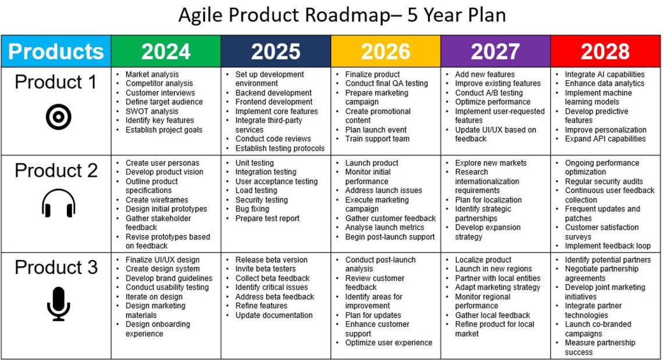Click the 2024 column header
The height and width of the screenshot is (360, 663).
pyautogui.click(x=166, y=51)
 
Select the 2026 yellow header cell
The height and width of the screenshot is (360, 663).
pyautogui.click(x=386, y=51)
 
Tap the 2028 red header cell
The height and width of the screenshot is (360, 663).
pyautogui.click(x=605, y=51)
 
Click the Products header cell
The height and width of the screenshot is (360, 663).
pyautogui.click(x=56, y=51)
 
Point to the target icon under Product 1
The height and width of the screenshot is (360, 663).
pyautogui.click(x=58, y=118)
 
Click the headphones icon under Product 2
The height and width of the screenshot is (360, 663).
pyautogui.click(x=58, y=205)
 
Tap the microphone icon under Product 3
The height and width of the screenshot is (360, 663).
pyautogui.click(x=58, y=304)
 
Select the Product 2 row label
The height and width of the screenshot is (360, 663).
pyautogui.click(x=56, y=170)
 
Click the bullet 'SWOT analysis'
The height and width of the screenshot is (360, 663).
pyautogui.click(x=152, y=111)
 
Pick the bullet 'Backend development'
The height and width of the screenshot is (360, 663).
pyautogui.click(x=273, y=93)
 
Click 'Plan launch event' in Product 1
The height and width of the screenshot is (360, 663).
pyautogui.click(x=376, y=130)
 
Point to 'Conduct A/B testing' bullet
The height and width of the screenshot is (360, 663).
pyautogui.click(x=489, y=93)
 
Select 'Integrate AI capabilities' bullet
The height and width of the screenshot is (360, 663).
pyautogui.click(x=604, y=74)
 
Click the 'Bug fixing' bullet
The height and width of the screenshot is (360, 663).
pyautogui.click(x=252, y=209)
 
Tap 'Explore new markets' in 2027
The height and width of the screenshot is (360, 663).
pyautogui.click(x=490, y=163)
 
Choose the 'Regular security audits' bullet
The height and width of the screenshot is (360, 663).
pyautogui.click(x=604, y=181)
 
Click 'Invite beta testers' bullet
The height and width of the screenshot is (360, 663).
pyautogui.click(x=265, y=269)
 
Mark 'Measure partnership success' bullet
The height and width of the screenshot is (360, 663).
pyautogui.click(x=600, y=347)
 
